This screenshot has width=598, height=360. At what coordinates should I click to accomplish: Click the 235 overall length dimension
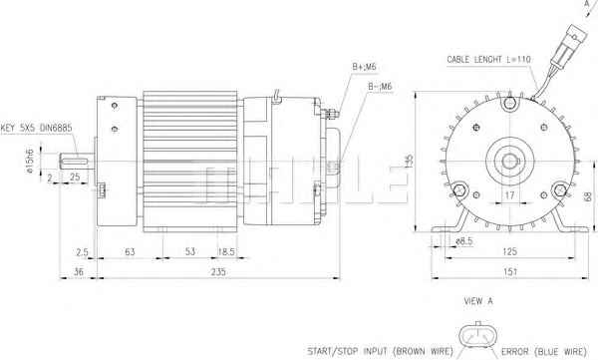[218, 272]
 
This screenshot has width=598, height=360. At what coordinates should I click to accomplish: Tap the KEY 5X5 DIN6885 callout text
[36, 129]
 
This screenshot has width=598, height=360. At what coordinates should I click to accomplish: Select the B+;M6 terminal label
[364, 67]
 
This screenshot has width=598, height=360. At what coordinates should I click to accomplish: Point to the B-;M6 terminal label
[380, 87]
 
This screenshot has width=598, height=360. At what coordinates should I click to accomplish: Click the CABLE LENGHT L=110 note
[488, 60]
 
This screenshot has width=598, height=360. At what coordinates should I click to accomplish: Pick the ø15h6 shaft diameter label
[31, 162]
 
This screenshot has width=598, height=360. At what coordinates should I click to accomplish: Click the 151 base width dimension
[510, 272]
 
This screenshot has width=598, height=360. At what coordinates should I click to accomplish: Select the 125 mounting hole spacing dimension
[510, 251]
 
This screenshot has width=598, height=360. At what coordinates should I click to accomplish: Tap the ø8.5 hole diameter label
[464, 241]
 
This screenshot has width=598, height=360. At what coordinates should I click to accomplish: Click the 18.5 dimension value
[226, 252]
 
